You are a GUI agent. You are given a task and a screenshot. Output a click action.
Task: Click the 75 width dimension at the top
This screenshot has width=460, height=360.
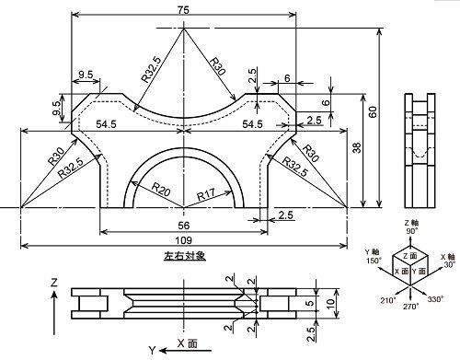click(183, 9)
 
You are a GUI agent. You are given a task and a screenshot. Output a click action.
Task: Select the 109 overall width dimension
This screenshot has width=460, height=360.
click(183, 240)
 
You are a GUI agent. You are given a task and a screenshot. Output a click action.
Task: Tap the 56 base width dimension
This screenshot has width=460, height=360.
click(184, 226)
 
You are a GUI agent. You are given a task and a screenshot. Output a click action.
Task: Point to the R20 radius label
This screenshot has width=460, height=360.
click(161, 190)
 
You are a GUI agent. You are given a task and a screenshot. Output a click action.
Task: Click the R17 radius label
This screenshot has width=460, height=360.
click(205, 194)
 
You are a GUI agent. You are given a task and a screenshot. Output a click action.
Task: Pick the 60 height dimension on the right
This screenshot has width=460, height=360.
click(373, 111)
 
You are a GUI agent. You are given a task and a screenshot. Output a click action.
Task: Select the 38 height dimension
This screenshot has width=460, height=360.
click(357, 148)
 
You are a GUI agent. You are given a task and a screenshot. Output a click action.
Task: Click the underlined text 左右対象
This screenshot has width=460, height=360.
click(185, 256)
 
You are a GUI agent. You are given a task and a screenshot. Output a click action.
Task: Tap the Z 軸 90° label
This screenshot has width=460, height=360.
click(411, 226)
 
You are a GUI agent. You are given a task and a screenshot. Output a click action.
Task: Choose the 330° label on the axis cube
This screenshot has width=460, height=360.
click(435, 298)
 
